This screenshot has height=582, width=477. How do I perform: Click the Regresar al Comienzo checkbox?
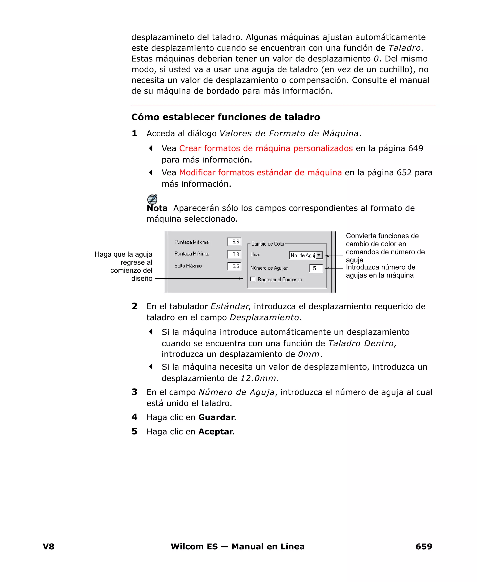(253, 279)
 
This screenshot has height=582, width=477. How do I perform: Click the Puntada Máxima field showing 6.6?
(234, 242)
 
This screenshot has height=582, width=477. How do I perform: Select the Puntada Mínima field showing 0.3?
(234, 254)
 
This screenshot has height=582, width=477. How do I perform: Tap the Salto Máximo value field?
(234, 266)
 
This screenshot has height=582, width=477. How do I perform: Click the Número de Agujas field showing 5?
(316, 268)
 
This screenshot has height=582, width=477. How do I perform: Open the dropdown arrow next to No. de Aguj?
(319, 255)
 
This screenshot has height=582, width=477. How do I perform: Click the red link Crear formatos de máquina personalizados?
(266, 148)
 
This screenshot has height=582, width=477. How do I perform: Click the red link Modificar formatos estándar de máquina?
(260, 173)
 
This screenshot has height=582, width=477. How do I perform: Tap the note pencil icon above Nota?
(152, 199)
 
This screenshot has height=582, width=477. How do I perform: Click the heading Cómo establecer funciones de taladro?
(226, 117)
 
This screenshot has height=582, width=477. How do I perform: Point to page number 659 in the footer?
(424, 546)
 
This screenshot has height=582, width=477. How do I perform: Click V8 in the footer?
(49, 546)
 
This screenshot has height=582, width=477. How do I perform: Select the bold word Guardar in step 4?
(216, 417)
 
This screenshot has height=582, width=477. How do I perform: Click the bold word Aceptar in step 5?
(215, 432)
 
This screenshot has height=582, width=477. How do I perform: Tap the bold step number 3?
(134, 392)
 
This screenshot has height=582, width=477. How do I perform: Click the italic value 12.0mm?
(258, 379)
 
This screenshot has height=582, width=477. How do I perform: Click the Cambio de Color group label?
(268, 244)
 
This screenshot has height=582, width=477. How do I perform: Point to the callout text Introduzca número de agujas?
(380, 271)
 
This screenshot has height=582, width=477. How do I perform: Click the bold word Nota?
(157, 208)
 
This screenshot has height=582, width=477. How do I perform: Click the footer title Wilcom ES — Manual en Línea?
(237, 546)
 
